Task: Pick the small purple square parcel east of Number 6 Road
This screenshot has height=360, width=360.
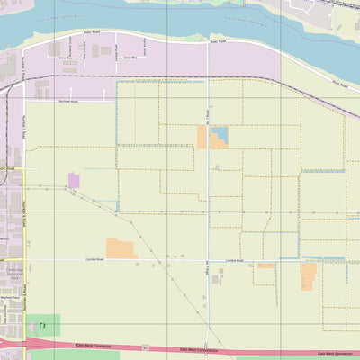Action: tap(74, 181)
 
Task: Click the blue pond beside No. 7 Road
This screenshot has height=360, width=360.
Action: tap(219, 136)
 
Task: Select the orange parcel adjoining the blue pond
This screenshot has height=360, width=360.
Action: tap(202, 138)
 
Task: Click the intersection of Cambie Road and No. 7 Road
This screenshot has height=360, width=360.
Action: tap(207, 259)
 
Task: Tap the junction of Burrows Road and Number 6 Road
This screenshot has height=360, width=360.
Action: tap(24, 101)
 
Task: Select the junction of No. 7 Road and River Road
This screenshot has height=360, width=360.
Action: tap(207, 43)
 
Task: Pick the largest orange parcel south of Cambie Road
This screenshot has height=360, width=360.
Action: tap(308, 275)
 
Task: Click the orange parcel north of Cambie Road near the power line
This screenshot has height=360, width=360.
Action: tap(121, 248)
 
